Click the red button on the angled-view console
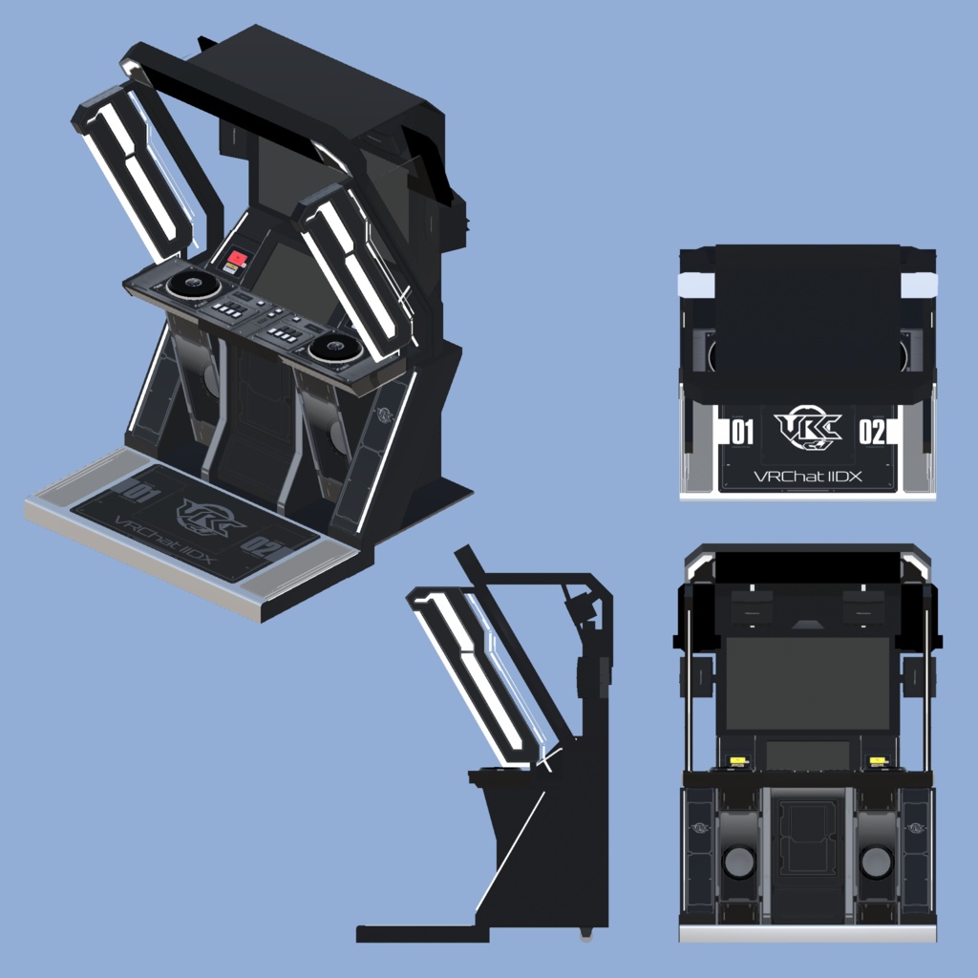point(236,259)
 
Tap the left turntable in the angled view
point(188,284)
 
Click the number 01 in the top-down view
point(742,433)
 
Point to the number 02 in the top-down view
point(872,433)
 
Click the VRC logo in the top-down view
point(807,429)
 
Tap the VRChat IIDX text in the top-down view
point(807,475)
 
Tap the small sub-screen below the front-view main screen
point(807,755)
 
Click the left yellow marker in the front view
point(737,761)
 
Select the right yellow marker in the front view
point(877,761)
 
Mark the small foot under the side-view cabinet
point(585,933)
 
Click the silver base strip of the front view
point(807,932)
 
